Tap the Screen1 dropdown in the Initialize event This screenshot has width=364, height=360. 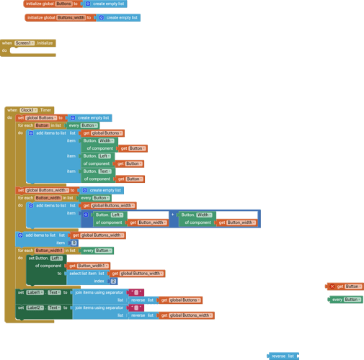(x=25, y=43)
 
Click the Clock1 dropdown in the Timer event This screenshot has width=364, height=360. (x=29, y=110)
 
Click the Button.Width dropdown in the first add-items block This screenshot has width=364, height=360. (x=106, y=141)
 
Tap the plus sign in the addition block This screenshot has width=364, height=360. (x=173, y=215)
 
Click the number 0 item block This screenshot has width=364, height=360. (x=74, y=243)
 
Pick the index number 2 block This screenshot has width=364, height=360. (x=113, y=281)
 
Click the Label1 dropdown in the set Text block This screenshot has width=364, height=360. (x=35, y=292)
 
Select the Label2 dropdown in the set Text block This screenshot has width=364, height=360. (x=35, y=307)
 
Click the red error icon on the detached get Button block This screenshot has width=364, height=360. (x=332, y=287)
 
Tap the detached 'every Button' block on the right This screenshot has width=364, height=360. (x=345, y=300)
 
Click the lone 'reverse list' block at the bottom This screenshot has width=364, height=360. (x=283, y=356)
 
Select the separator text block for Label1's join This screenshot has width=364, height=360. (x=136, y=292)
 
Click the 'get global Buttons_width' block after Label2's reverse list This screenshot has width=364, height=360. (x=185, y=315)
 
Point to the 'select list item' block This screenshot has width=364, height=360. (x=87, y=274)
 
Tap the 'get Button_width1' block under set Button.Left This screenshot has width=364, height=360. (x=89, y=266)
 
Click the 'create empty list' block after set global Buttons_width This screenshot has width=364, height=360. (x=102, y=190)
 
